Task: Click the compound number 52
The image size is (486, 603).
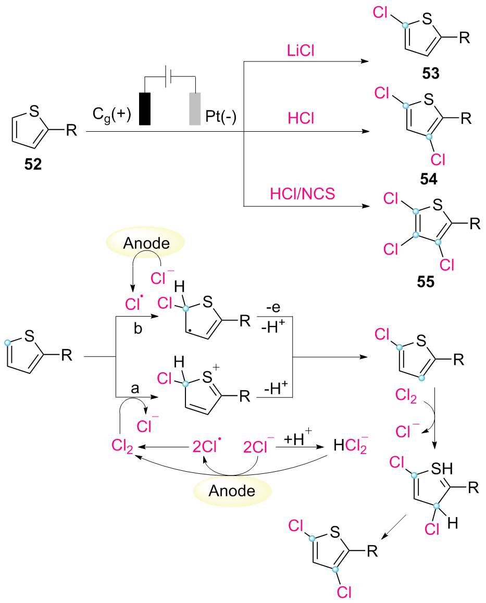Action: (33, 164)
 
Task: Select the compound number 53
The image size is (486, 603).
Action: (431, 73)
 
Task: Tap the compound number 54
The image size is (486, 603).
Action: (429, 179)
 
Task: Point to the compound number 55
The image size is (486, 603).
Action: (426, 282)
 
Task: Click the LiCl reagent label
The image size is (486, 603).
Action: (301, 51)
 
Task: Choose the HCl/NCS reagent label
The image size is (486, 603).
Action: (303, 193)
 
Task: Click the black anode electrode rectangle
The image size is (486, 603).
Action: (145, 109)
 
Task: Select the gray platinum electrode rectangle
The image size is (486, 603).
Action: (195, 109)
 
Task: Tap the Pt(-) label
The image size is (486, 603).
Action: (220, 116)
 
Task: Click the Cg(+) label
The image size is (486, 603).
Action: (111, 115)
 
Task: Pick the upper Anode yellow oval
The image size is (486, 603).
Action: (145, 242)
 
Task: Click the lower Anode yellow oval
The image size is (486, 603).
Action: (232, 491)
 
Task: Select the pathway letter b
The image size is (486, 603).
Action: (138, 329)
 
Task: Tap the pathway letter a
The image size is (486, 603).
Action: (135, 389)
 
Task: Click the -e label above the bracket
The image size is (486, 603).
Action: (273, 308)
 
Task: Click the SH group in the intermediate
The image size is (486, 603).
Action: (442, 469)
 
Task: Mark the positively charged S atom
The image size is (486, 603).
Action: (208, 376)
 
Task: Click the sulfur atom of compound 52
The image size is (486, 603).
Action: (34, 111)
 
